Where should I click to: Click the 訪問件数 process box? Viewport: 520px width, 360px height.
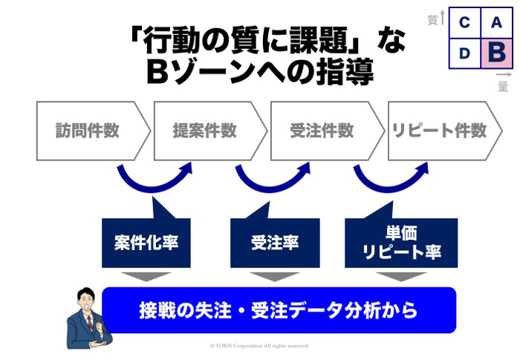[88, 131]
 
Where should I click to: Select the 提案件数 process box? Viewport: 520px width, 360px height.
[206, 131]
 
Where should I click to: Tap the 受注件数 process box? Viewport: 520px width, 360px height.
[322, 131]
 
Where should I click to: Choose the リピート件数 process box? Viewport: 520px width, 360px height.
[439, 131]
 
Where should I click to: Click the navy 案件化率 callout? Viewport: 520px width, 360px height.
[146, 243]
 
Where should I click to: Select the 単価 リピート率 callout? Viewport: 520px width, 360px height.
[402, 243]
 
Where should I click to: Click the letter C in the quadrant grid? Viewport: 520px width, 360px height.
[464, 22]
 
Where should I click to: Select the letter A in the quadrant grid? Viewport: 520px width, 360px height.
[496, 22]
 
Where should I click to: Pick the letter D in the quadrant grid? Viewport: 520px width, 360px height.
[464, 53]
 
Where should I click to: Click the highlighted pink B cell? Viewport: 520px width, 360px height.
[496, 53]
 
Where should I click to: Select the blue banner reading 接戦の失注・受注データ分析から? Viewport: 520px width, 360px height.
[279, 310]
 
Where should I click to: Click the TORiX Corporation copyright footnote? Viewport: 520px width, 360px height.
[259, 346]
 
